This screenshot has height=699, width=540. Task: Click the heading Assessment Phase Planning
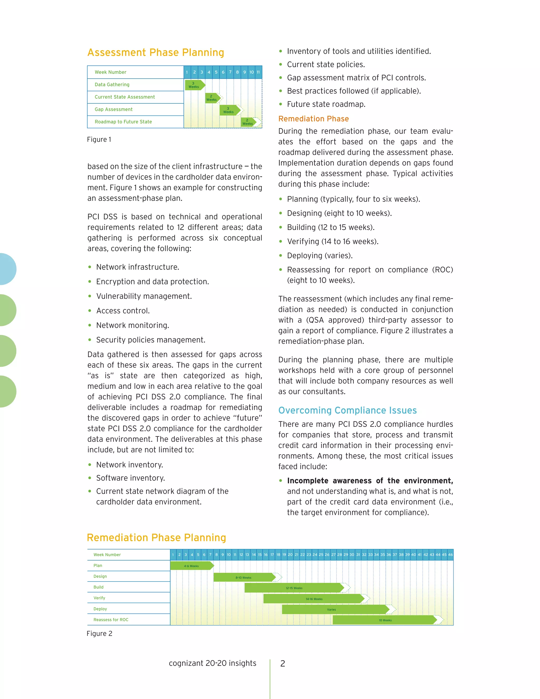[x=156, y=52]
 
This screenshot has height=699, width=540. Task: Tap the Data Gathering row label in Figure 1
[x=112, y=84]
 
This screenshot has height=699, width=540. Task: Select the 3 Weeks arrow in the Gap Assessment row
[x=229, y=110]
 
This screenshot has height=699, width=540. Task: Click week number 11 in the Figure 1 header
[x=258, y=72]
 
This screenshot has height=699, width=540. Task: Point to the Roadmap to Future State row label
[x=123, y=122]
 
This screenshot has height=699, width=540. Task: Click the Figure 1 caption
[x=99, y=140]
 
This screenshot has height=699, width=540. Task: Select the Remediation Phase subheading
[x=313, y=119]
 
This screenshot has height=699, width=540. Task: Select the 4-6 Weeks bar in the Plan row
[x=191, y=566]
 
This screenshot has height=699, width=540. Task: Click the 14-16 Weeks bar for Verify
[x=314, y=599]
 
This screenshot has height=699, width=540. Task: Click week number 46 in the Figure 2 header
[x=450, y=555]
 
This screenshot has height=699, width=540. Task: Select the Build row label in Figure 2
[x=99, y=587]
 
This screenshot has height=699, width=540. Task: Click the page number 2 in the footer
[x=282, y=663]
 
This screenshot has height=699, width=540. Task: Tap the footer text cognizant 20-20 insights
[x=213, y=663]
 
